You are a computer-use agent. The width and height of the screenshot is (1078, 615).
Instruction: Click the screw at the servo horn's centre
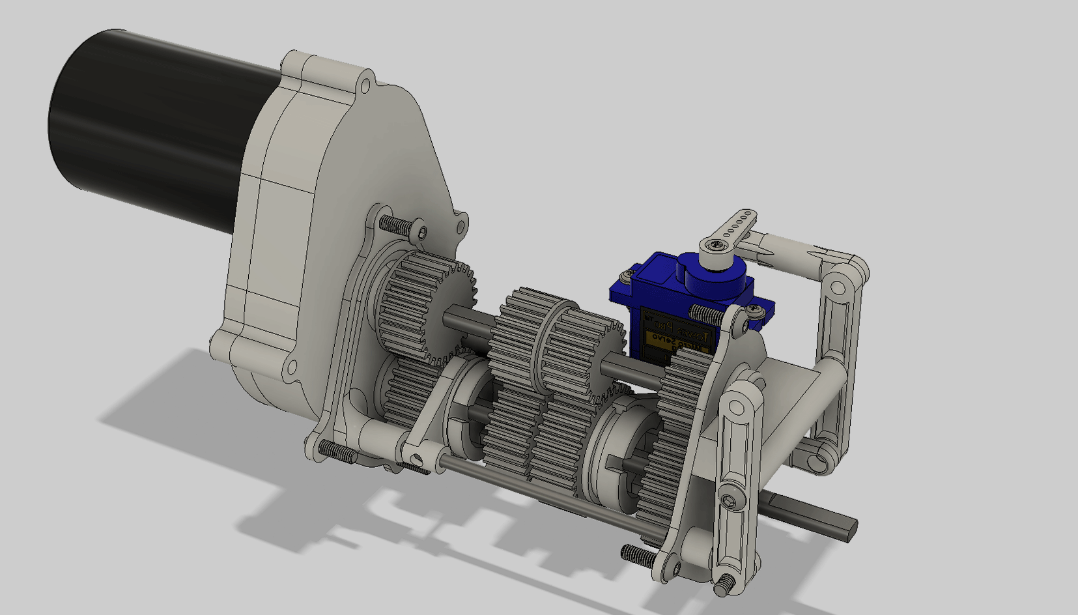click(x=716, y=245)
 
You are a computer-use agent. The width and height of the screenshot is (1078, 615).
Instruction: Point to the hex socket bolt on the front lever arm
click(x=728, y=500)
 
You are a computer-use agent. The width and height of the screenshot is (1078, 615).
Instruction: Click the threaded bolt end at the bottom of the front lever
click(x=722, y=587)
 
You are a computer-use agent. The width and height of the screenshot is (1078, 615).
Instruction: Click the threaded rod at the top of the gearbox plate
click(x=395, y=225)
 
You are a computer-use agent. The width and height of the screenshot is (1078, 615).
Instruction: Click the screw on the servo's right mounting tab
click(x=755, y=311)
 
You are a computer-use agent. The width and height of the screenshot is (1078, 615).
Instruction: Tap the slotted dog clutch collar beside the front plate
click(x=616, y=450)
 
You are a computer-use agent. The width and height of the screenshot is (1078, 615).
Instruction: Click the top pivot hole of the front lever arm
click(x=737, y=407)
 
